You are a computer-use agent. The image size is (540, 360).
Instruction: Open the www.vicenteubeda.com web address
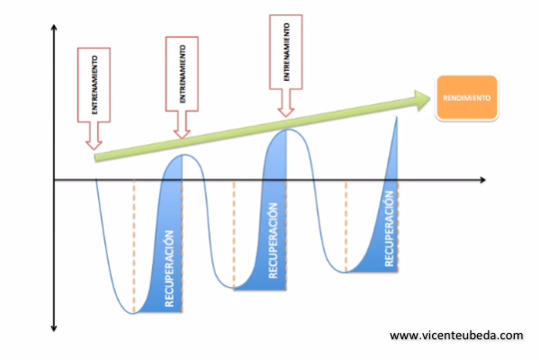455,336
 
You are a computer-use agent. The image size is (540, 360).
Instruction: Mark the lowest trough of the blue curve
133,313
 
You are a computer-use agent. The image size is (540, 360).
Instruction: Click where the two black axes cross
56,180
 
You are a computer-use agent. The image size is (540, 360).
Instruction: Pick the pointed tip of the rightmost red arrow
286,116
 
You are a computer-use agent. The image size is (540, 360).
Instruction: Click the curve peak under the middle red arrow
183,155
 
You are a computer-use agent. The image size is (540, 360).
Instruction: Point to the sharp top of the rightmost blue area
396,117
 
